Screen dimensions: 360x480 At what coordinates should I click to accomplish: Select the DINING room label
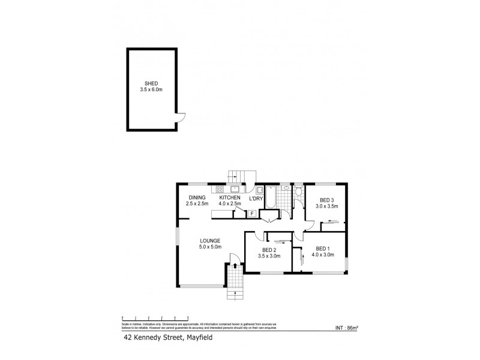click(x=197, y=198)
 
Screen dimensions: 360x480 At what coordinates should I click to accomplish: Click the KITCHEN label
click(x=230, y=198)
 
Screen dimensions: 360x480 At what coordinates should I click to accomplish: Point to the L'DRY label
click(x=257, y=198)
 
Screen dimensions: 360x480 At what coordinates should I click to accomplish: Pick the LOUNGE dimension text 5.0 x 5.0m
click(x=211, y=247)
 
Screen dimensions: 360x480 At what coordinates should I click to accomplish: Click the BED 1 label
click(x=323, y=248)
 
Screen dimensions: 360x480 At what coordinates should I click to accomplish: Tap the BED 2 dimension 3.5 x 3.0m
click(x=268, y=256)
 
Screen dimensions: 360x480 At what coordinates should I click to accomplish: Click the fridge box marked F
click(x=253, y=212)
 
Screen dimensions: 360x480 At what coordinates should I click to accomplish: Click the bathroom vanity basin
click(x=286, y=188)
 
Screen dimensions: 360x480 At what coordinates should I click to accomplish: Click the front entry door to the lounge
click(x=235, y=259)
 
